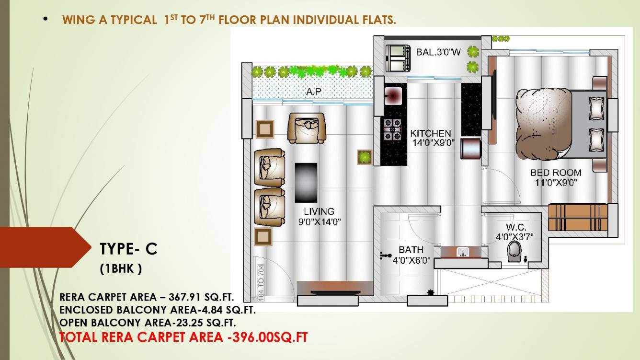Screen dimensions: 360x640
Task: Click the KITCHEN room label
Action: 431,133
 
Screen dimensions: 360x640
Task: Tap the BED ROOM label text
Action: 556,173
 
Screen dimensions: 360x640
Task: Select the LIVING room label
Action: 319,211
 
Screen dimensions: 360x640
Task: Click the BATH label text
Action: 411,250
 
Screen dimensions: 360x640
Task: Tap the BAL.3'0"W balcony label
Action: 438,52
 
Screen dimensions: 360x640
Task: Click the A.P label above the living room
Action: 314,91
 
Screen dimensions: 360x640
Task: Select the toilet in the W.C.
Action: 514,252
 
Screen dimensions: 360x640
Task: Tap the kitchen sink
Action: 393,95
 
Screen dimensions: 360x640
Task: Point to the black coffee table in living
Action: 306,183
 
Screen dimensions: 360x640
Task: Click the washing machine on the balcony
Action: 398,57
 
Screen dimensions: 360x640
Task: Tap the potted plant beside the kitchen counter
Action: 365,156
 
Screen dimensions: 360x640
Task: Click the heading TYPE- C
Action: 128,249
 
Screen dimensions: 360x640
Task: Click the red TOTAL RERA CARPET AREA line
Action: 183,337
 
